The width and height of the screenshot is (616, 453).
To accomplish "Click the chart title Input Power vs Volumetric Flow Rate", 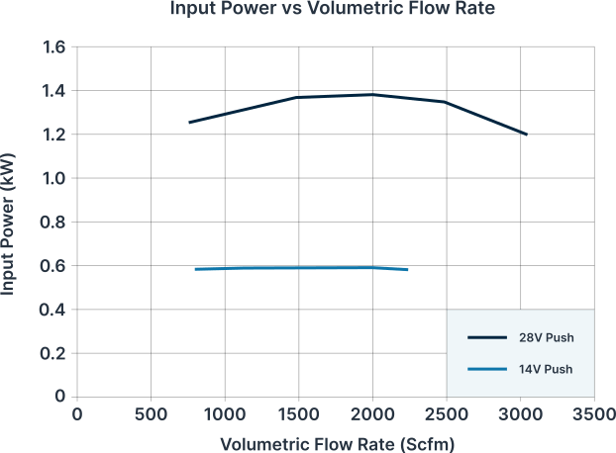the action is [x=333, y=8].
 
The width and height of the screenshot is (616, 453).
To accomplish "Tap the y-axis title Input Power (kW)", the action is [x=8, y=224].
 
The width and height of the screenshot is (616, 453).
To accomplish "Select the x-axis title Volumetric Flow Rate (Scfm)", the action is [x=337, y=444].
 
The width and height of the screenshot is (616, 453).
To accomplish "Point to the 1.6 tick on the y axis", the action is [x=53, y=47].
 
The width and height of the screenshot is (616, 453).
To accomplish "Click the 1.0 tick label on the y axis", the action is [x=53, y=178].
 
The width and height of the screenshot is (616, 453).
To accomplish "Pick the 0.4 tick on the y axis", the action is [x=52, y=310].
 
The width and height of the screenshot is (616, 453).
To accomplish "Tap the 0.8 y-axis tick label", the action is [x=52, y=223].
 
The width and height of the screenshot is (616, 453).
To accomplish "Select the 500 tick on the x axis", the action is [x=151, y=414].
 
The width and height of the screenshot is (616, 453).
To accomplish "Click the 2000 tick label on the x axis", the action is [x=372, y=414].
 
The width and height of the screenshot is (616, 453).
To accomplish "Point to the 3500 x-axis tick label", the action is [x=594, y=414].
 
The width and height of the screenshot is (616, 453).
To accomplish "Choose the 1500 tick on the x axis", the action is [x=298, y=414].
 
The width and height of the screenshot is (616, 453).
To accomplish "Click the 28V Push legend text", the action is [x=547, y=337].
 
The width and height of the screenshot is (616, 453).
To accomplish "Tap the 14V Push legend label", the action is [x=546, y=370].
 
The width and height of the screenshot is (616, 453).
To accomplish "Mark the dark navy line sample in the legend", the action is [x=487, y=337].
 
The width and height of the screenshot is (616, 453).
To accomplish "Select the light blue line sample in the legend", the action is [x=487, y=369].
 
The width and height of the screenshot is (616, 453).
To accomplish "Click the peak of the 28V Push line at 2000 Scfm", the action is [x=372, y=95].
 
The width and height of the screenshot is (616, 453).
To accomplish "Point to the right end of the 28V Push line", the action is [x=527, y=135].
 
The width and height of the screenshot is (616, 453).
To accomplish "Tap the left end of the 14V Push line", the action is [x=196, y=269].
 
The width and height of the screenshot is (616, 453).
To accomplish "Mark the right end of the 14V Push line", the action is [x=408, y=270].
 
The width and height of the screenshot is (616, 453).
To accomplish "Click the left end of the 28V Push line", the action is [x=189, y=123].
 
